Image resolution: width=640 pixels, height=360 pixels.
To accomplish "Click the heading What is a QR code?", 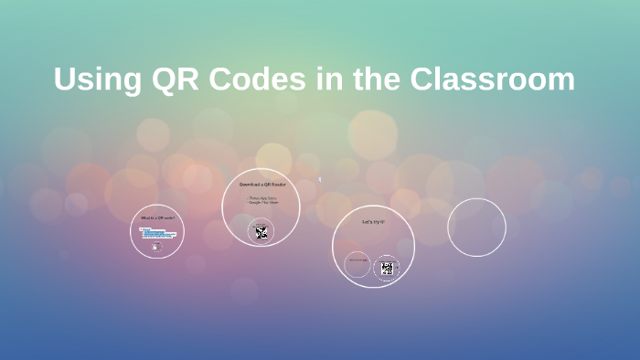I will click(156, 218).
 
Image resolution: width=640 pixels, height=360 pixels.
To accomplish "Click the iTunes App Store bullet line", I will click(261, 197).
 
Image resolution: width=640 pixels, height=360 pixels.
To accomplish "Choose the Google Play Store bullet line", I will click(261, 202).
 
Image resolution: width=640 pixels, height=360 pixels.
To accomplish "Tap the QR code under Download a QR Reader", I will click(261, 232).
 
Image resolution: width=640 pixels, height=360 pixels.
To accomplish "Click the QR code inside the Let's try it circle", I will click(388, 268).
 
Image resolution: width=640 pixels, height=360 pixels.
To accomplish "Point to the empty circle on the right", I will click(476, 228).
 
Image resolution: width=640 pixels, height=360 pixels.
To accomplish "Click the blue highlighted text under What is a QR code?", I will click(156, 233).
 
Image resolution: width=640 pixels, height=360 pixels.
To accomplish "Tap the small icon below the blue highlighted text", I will click(156, 247).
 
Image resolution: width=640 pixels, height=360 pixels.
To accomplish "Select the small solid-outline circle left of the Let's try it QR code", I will click(357, 266).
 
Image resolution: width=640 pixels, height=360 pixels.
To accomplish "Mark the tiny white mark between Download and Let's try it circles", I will click(319, 179).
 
